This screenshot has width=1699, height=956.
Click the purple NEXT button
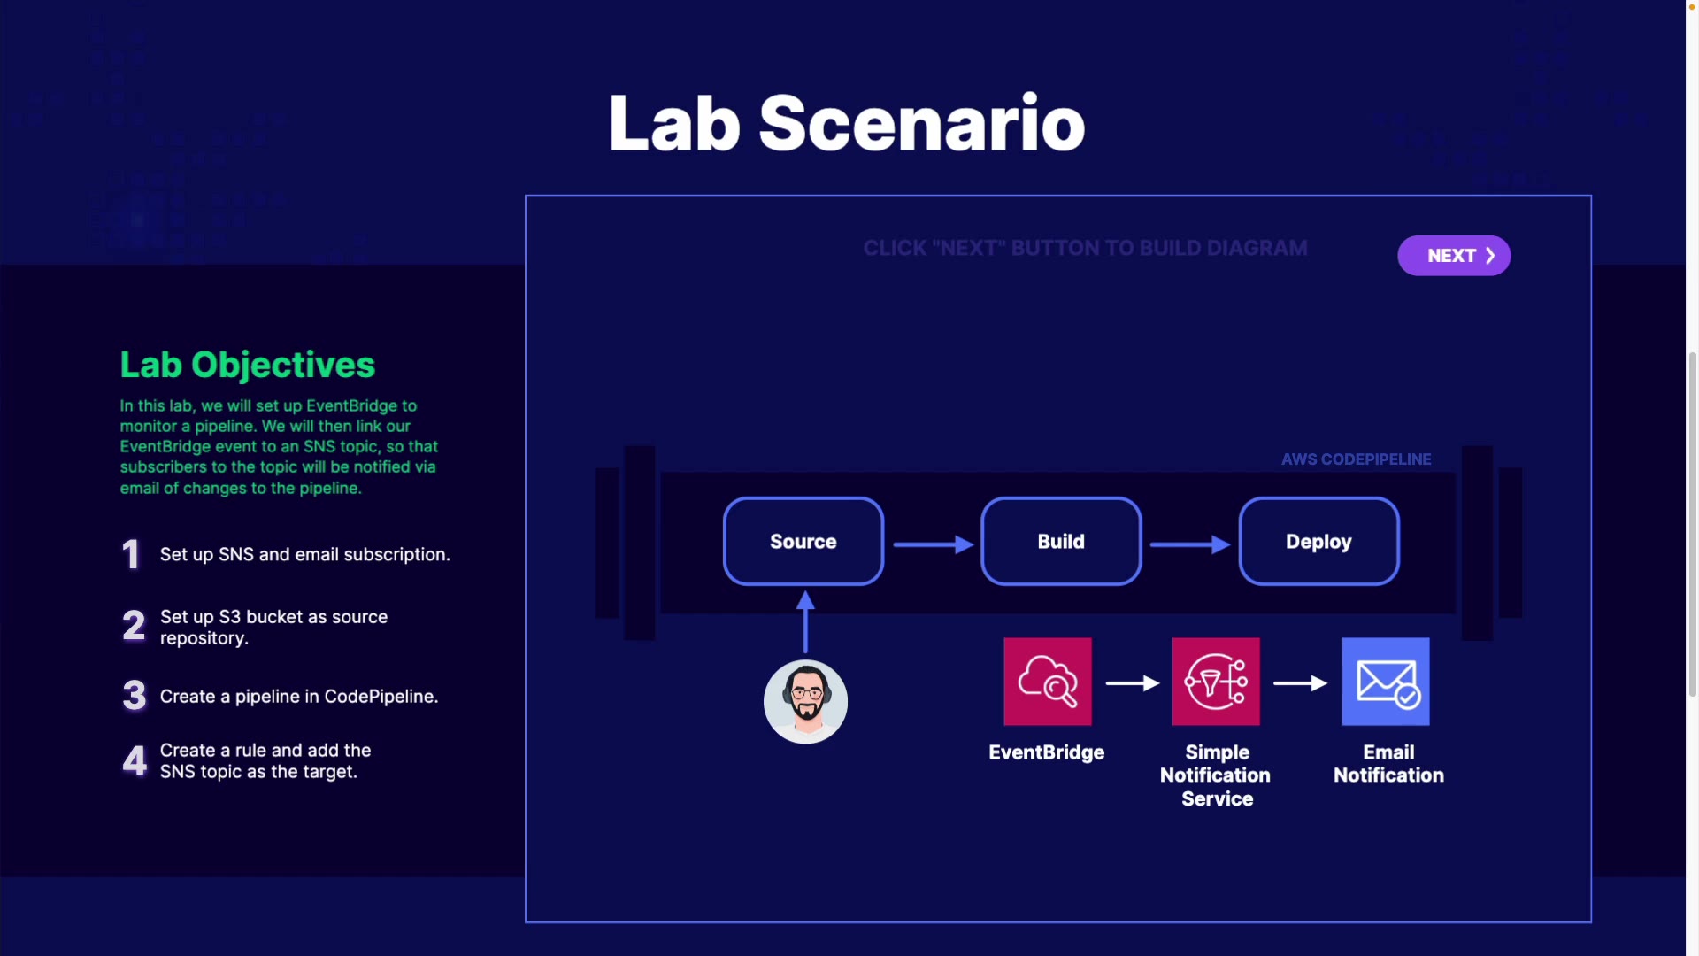[1454, 256]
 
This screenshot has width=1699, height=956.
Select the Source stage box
[803, 541]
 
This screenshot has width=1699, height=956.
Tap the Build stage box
[1061, 541]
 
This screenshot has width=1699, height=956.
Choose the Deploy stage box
[1318, 541]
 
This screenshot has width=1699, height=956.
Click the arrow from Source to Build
[934, 544]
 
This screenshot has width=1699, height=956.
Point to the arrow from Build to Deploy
[1190, 544]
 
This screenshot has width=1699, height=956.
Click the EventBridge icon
[1048, 682]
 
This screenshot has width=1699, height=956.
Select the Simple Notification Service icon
[1216, 682]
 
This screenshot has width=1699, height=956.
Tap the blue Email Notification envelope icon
[1386, 682]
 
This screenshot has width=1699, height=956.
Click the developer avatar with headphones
[805, 702]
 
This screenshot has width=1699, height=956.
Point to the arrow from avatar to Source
[805, 622]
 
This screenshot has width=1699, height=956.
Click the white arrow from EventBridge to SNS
[1133, 683]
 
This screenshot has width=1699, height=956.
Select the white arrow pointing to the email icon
[1300, 683]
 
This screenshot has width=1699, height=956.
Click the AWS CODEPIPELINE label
[1357, 459]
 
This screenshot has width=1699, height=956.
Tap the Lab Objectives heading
[248, 365]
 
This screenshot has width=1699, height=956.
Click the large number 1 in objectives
[131, 555]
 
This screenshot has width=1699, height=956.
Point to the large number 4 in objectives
[135, 760]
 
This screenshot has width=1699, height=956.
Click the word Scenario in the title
[922, 123]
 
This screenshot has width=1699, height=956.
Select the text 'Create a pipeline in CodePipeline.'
[299, 697]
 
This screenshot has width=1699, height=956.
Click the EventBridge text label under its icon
[1047, 752]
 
